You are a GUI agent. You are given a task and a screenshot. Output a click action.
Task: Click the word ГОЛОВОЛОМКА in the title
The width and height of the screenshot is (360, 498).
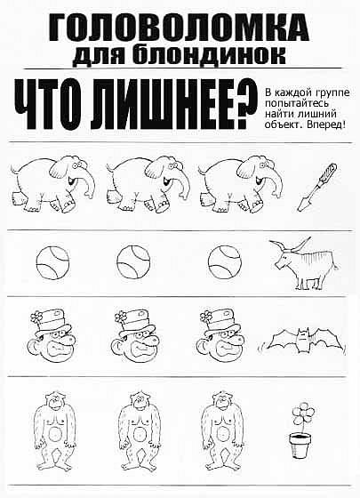click(x=179, y=28)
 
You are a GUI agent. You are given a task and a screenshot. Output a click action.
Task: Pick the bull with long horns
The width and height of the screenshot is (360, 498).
click(x=304, y=263)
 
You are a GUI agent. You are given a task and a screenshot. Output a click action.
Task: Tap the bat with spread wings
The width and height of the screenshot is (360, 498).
click(x=301, y=341)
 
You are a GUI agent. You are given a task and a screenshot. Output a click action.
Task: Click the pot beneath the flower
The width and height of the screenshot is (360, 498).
click(x=300, y=446)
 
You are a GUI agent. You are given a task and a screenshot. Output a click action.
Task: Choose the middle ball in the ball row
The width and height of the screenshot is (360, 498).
click(x=133, y=262)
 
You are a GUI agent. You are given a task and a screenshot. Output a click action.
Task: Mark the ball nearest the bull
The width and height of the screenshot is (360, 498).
click(x=224, y=262)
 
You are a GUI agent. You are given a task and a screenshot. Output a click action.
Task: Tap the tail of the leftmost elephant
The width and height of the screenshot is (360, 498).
click(x=13, y=170)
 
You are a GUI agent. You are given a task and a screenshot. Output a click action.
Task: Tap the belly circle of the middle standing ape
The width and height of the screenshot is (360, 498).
click(x=139, y=433)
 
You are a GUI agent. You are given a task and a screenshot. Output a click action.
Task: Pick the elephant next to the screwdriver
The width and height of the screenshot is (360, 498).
click(x=241, y=183)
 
